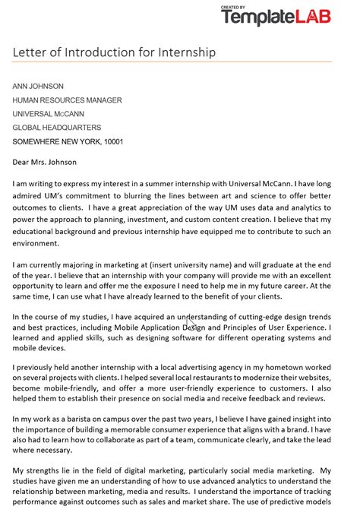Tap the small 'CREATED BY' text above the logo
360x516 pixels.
(232, 7)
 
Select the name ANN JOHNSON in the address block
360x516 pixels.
(38, 87)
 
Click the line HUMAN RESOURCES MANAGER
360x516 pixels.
(67, 100)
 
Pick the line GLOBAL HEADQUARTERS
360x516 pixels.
(56, 128)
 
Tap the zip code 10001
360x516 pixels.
(113, 142)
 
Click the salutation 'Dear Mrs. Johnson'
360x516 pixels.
(45, 162)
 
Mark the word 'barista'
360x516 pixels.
(85, 418)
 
